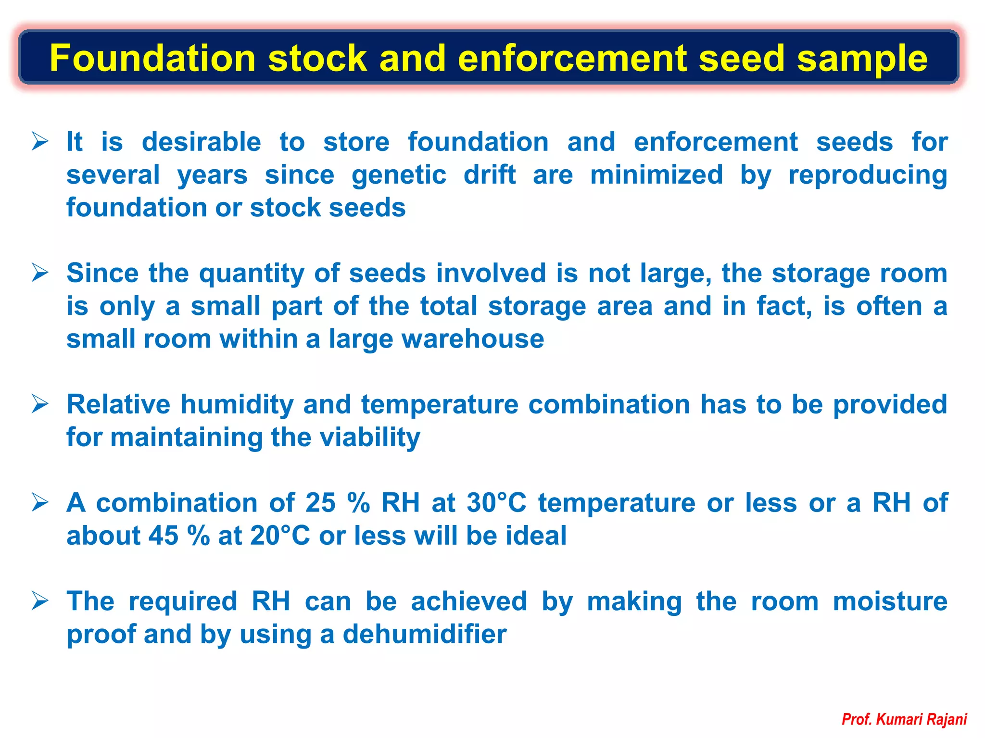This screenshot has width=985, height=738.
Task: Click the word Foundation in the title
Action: (x=152, y=58)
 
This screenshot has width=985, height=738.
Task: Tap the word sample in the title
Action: (x=862, y=58)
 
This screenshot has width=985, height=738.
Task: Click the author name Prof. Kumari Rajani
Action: (x=904, y=719)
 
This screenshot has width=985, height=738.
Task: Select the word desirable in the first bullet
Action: (x=201, y=142)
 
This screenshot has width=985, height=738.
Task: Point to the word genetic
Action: (x=399, y=175)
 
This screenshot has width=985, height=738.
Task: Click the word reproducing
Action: (x=868, y=175)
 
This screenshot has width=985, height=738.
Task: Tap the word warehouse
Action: (x=473, y=339)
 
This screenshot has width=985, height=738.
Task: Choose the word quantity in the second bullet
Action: (x=252, y=274)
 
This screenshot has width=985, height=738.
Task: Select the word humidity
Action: (x=237, y=405)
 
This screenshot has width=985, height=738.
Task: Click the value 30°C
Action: (x=496, y=503)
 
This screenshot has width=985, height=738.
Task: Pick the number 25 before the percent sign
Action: (x=320, y=503)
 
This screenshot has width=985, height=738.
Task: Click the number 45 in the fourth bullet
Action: (x=164, y=536)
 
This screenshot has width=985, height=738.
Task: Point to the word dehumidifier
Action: (x=424, y=635)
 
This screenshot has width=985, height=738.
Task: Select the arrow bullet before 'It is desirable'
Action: (x=40, y=142)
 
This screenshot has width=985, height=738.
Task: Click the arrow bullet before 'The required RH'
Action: (x=40, y=601)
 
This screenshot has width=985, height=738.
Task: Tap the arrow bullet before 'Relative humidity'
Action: (x=40, y=404)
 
